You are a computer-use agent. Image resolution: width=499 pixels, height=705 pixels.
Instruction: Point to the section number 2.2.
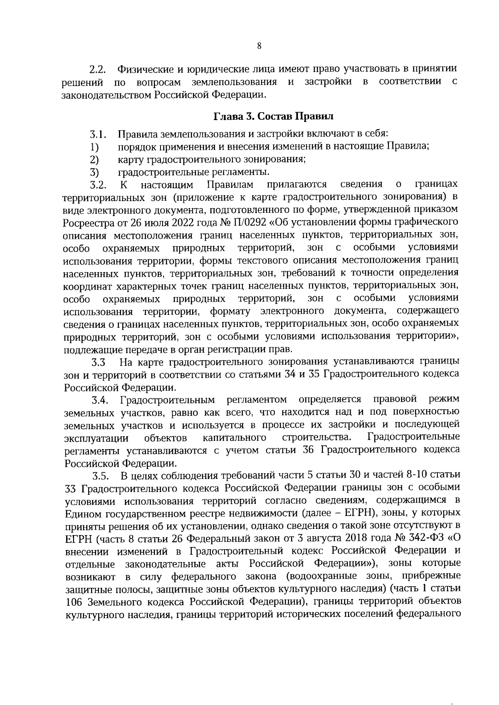(99, 69)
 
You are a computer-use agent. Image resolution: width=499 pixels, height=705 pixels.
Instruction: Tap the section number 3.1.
(99, 135)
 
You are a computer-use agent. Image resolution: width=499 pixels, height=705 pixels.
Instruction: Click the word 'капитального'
(235, 438)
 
